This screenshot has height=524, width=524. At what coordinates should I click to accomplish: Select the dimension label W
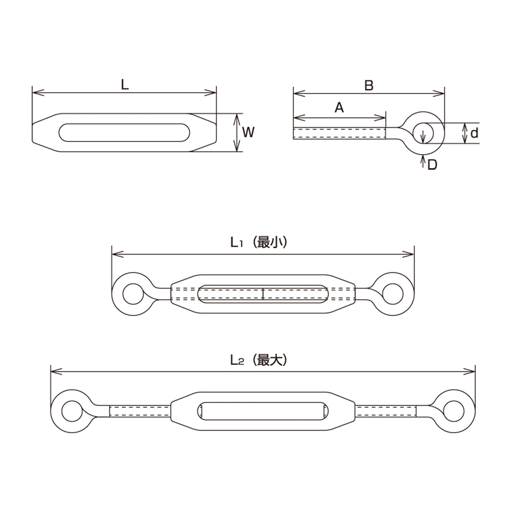[248, 132]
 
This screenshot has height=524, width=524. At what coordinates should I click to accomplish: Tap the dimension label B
[369, 86]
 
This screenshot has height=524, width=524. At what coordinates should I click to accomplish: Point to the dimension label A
[339, 108]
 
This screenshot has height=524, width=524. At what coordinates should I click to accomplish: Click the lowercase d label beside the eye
[474, 133]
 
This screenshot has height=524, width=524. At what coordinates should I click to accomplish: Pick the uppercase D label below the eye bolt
[432, 165]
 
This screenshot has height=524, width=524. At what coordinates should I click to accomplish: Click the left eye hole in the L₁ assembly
[133, 294]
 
